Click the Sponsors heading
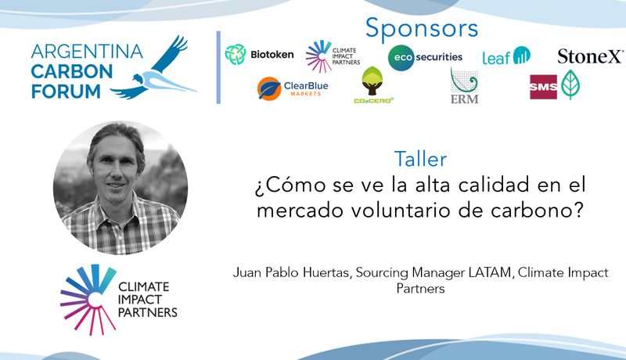click(422, 29)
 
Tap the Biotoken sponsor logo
click(259, 55)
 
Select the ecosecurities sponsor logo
click(425, 57)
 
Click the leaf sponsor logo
click(506, 56)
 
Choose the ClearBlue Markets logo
click(293, 88)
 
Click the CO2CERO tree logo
click(373, 85)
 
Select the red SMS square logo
click(543, 87)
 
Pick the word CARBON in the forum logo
click(72, 72)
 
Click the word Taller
click(420, 159)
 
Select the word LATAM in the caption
click(490, 272)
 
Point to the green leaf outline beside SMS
click(570, 85)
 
